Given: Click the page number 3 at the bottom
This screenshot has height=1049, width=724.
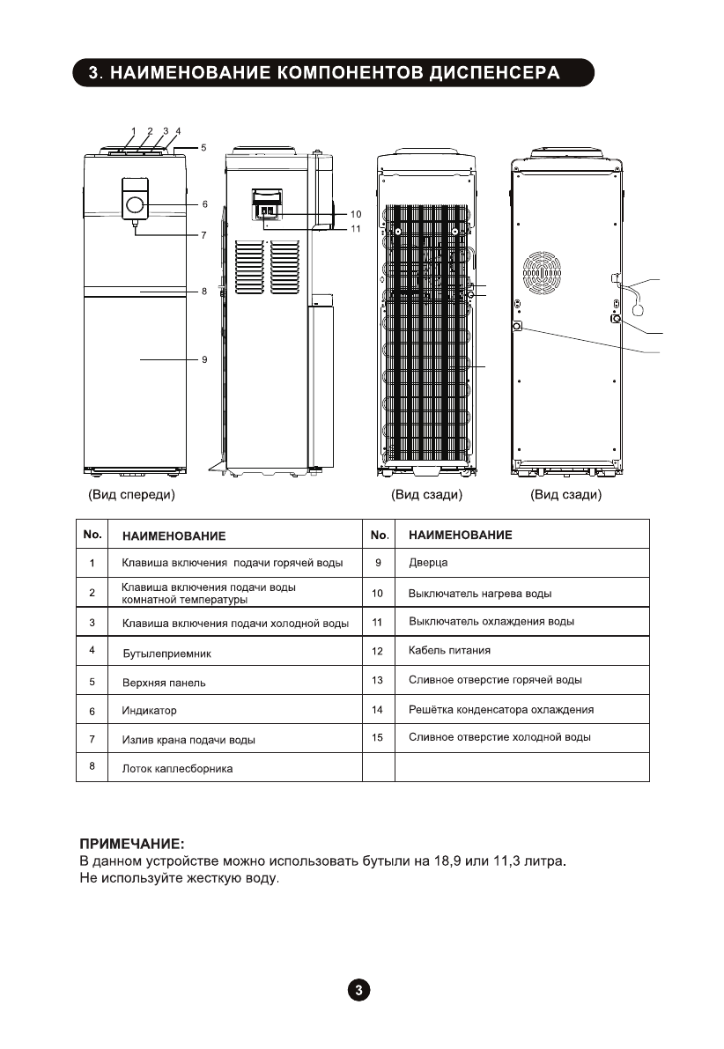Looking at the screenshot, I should click(x=358, y=989).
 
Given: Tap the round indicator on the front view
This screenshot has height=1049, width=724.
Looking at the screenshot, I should click(x=135, y=204).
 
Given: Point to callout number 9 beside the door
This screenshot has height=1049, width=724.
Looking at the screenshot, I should click(x=203, y=359).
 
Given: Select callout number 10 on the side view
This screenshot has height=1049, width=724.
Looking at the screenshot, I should click(x=356, y=214).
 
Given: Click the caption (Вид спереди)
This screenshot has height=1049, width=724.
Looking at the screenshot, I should click(x=131, y=495).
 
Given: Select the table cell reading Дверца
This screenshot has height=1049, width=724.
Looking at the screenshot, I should click(x=429, y=563).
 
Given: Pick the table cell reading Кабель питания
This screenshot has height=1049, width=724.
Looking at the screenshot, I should click(x=450, y=651).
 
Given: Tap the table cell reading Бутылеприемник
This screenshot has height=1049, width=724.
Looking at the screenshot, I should click(x=167, y=654).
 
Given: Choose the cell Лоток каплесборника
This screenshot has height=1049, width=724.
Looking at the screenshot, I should click(x=177, y=769).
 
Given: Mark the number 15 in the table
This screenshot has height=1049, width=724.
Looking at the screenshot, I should click(x=378, y=737).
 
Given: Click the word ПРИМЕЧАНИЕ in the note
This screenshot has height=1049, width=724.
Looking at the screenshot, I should click(x=132, y=843).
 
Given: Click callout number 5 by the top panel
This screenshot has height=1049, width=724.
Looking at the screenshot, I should click(x=203, y=148).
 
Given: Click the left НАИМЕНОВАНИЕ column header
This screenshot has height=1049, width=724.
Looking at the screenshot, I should click(x=174, y=536).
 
